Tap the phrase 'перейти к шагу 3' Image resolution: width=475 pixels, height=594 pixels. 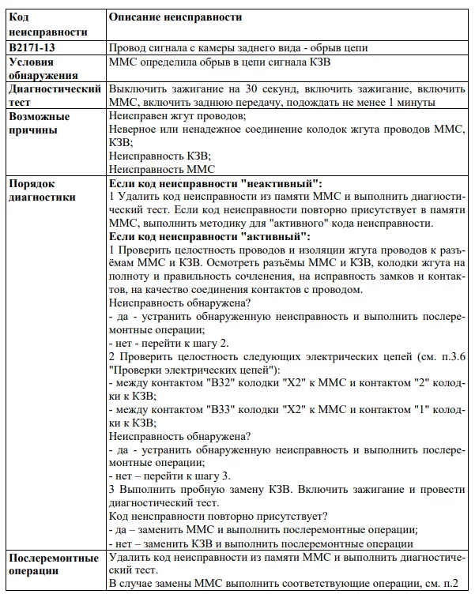tap(183, 477)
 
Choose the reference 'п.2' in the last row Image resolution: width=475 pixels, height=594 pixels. tap(456, 585)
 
